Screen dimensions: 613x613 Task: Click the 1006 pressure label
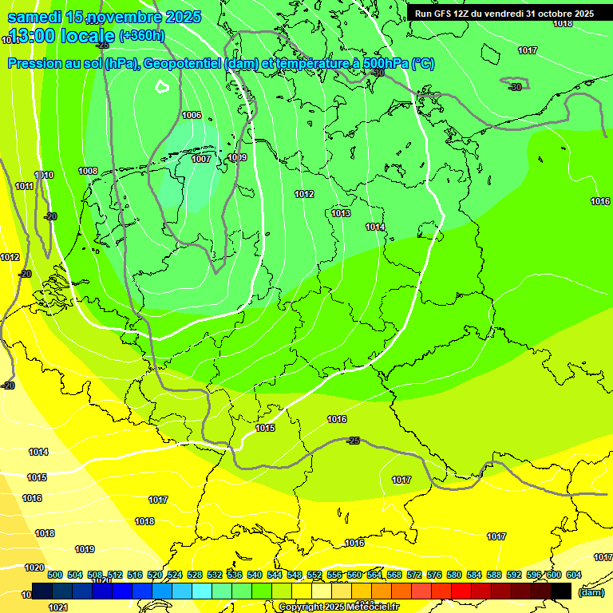[x=192, y=116]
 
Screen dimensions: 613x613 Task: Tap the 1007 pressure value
[x=201, y=160]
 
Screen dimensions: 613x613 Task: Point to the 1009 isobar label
[x=237, y=158]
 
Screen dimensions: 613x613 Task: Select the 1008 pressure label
[x=88, y=172]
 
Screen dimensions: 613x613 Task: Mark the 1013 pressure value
[x=341, y=213]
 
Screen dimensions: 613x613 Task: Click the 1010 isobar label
[x=44, y=176]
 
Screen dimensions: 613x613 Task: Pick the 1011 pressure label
[x=25, y=187]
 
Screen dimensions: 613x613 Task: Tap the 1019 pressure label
[x=85, y=550]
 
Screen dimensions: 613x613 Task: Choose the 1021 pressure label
[x=57, y=607]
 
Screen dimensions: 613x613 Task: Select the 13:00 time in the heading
[x=38, y=36]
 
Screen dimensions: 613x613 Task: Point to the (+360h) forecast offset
[x=141, y=36]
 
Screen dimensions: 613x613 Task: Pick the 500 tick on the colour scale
[x=55, y=575]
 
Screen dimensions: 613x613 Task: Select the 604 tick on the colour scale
[x=573, y=575]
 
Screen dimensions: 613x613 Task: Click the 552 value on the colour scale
[x=314, y=575]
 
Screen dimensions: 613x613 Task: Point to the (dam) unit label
[x=591, y=592]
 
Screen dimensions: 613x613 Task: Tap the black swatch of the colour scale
[x=562, y=591]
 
